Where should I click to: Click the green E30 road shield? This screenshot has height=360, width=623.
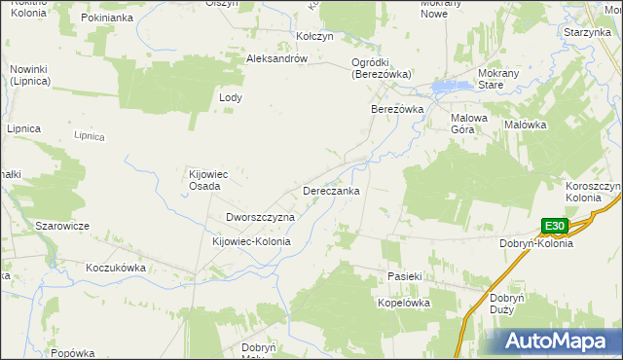554,227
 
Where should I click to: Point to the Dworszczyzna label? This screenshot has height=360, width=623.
260,217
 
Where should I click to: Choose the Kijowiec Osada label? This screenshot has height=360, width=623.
207,180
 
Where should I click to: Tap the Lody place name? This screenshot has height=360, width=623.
231,98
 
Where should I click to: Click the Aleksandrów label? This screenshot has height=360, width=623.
277,58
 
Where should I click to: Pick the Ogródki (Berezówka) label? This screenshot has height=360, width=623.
382,68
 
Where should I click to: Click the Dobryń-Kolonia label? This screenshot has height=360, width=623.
535,243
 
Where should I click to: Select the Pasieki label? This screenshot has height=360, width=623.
404,276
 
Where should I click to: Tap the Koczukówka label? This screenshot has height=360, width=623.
115,267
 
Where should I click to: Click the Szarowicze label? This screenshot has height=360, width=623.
62,226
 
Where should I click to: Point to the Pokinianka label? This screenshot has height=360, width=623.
106,18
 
